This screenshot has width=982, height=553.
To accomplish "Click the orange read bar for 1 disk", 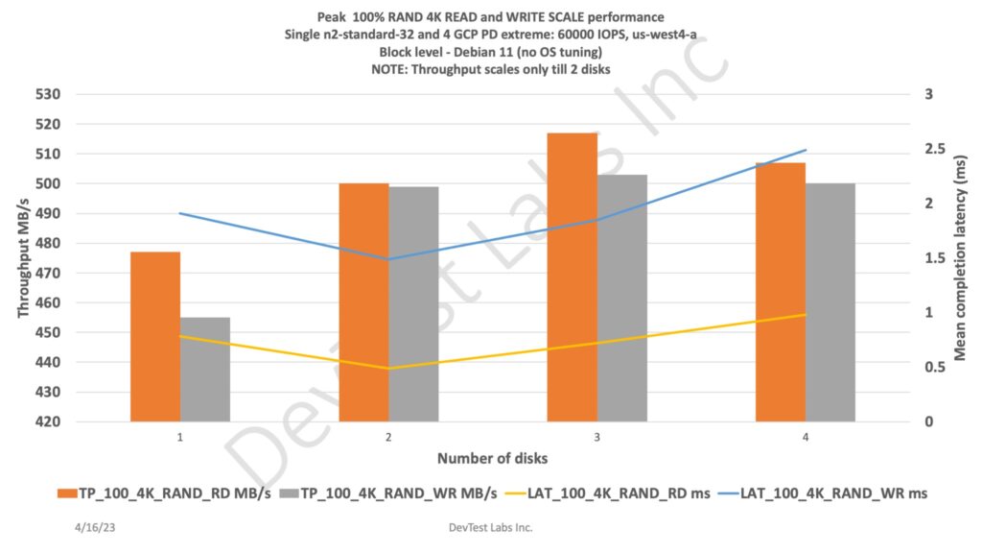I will point(155,336).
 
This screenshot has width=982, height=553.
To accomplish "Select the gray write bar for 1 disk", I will point(205,369).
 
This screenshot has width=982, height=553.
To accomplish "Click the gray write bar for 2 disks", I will point(413,303).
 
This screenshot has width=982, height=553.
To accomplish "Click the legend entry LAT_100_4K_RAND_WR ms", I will point(838,493).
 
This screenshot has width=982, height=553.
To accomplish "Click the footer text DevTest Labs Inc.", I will point(491,527).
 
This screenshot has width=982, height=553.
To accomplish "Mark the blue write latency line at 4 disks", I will point(806,151).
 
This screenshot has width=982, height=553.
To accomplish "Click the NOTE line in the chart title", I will point(492,69).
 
